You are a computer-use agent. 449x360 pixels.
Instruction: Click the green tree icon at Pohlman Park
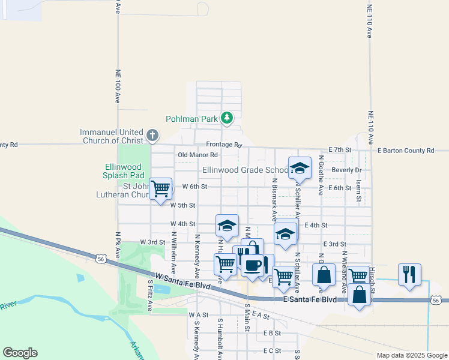click(227, 118)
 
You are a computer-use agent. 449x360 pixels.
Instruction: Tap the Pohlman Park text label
click(192, 119)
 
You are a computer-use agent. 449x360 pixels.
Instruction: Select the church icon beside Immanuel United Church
click(152, 136)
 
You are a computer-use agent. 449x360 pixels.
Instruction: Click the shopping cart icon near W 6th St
click(161, 188)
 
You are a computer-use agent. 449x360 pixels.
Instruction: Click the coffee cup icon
click(253, 264)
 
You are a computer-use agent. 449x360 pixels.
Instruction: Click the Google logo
click(20, 353)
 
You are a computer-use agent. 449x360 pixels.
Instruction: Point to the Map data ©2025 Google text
click(412, 355)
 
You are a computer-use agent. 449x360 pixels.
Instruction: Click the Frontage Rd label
click(223, 145)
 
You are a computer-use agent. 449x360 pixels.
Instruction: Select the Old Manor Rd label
click(196, 155)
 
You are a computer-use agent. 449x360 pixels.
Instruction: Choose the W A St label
click(197, 314)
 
